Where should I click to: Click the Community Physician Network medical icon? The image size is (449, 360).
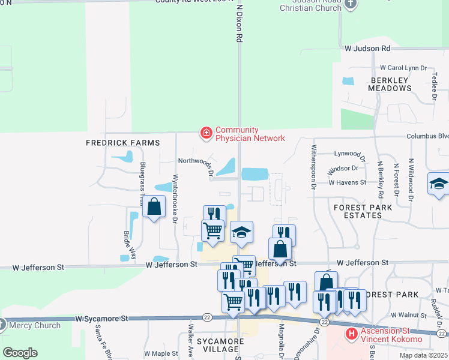click(x=206, y=133)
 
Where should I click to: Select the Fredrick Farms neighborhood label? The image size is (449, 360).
click(x=123, y=143)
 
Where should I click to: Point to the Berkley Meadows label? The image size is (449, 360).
click(x=391, y=84)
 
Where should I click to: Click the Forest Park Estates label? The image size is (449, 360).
click(x=363, y=212)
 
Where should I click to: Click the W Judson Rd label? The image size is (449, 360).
click(x=367, y=47)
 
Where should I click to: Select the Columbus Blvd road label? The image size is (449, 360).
click(x=427, y=136)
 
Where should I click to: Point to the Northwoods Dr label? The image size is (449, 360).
click(x=196, y=161)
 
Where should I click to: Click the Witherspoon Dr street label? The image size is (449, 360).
click(x=313, y=167)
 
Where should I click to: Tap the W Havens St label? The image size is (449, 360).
click(x=347, y=182)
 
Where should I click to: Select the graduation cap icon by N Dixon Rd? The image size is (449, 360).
click(x=241, y=232)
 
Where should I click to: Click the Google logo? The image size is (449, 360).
click(x=20, y=352)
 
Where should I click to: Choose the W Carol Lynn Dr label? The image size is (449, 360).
click(x=403, y=68)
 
